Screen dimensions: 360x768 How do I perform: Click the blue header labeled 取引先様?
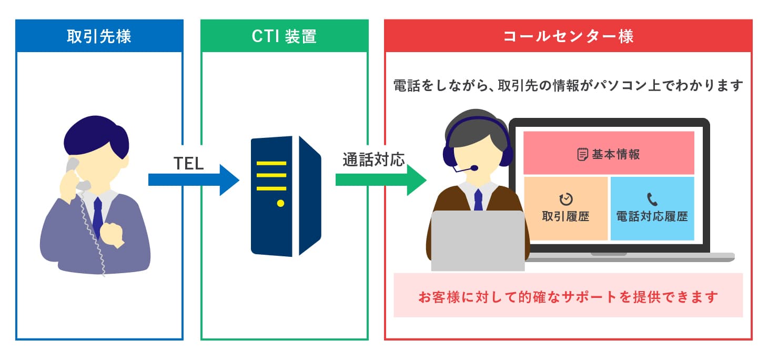tap(99, 36)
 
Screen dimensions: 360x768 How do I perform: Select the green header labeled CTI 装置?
tap(284, 36)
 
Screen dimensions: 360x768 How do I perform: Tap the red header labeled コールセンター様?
tap(568, 36)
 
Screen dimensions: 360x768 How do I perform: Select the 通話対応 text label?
tap(373, 160)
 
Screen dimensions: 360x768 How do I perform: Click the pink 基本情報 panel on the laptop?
tap(609, 153)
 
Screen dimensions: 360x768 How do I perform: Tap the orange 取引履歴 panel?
tap(566, 208)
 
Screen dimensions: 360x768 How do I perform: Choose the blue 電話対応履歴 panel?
tap(652, 208)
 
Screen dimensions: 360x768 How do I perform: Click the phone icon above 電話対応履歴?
tap(652, 199)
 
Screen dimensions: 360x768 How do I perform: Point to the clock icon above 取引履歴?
tap(566, 199)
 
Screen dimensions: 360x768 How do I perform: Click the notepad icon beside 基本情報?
tap(582, 154)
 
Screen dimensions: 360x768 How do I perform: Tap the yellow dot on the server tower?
tap(280, 203)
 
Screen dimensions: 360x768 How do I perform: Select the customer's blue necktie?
tap(97, 216)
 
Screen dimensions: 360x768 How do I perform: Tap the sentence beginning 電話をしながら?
tap(568, 85)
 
